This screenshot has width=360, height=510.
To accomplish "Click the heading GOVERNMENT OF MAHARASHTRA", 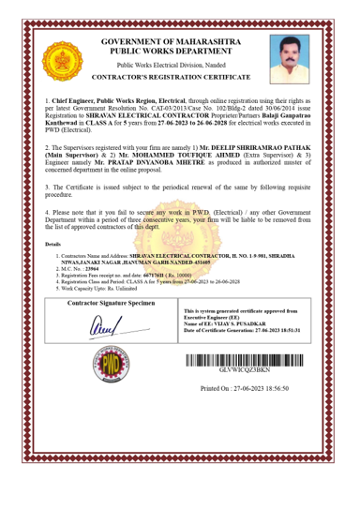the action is tap(181, 43).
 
